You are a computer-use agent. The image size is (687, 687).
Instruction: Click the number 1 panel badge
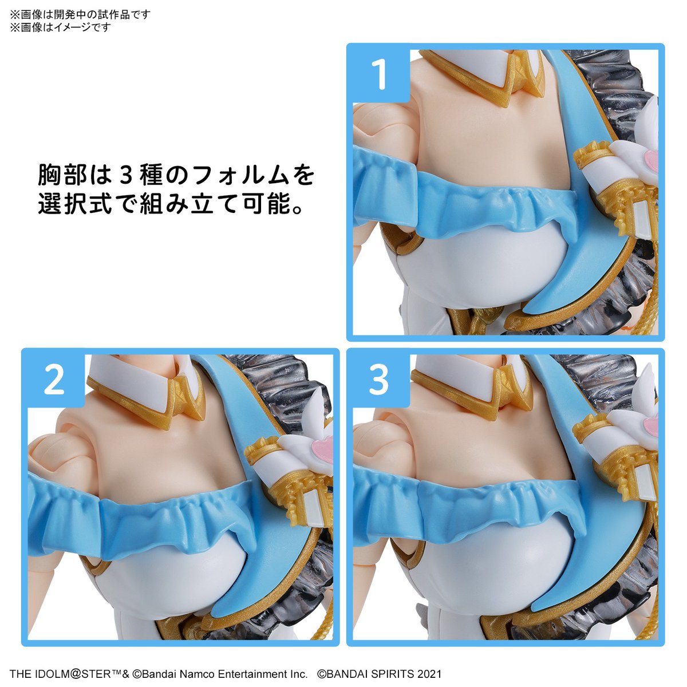(x=378, y=74)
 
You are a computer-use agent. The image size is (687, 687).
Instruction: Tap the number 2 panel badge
(x=53, y=380)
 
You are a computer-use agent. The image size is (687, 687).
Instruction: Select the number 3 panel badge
(x=378, y=380)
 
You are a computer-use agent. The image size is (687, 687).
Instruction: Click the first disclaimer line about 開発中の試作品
(x=80, y=14)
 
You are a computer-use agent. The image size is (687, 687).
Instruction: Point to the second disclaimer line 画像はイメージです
(x=60, y=27)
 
